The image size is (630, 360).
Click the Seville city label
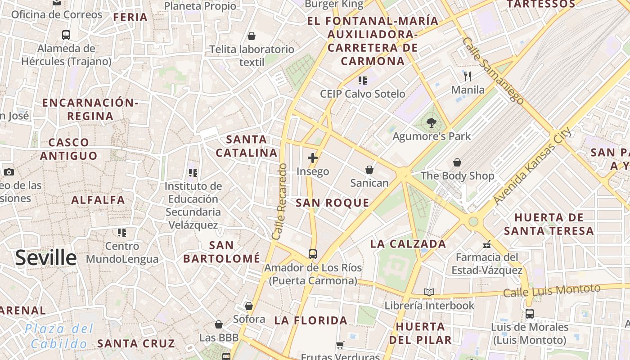46,258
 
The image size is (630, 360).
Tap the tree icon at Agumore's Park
432,122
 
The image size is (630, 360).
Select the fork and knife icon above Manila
468,76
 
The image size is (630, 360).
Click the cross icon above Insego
313,158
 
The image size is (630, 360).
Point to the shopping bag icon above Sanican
369,170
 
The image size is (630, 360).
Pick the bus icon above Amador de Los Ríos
313,254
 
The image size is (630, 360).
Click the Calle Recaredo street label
279,201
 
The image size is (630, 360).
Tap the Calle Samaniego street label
493,71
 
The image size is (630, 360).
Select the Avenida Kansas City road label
532,166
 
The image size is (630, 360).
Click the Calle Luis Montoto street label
552,291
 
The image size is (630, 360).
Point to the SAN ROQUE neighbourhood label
333,203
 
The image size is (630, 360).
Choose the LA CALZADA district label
408,244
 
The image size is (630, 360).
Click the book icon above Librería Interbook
429,292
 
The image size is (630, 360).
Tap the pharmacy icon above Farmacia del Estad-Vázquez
486,244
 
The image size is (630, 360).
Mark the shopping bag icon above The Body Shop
457,162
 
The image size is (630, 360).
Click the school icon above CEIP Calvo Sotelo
362,81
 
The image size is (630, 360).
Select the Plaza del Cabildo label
59,336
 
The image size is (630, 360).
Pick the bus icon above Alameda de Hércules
66,35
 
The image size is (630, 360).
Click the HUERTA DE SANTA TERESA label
549,224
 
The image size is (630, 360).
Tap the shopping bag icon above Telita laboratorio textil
252,36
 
